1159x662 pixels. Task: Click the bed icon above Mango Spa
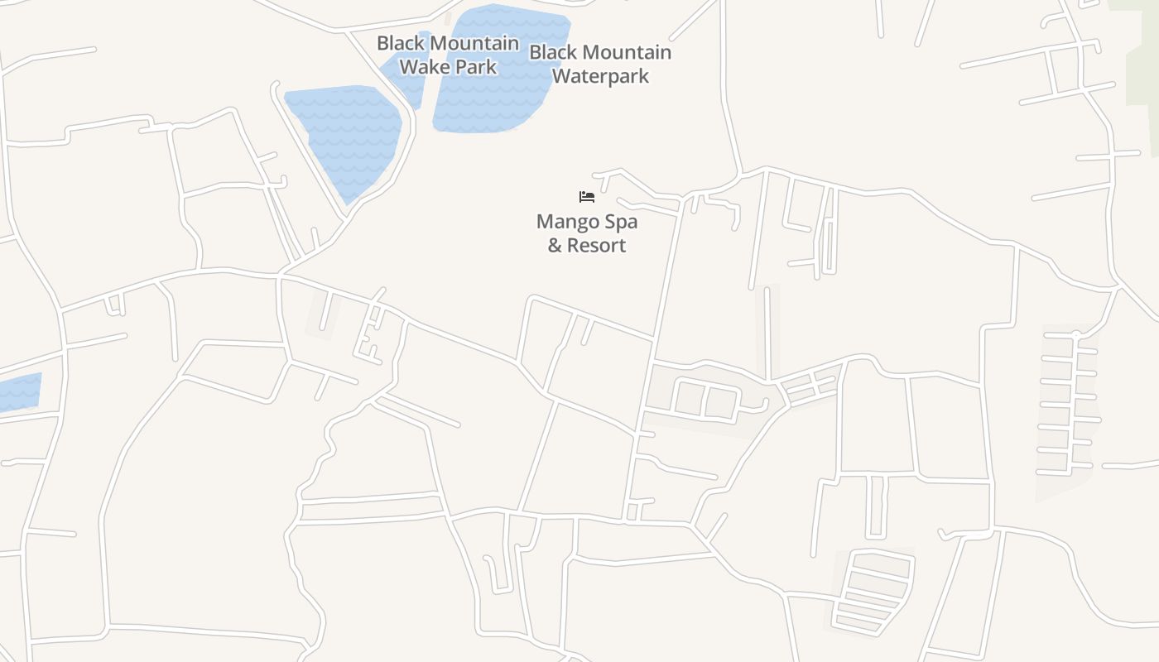(x=587, y=197)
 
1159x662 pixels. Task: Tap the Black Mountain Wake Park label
(x=448, y=55)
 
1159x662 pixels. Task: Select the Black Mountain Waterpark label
(x=600, y=64)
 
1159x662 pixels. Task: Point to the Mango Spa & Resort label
(x=587, y=233)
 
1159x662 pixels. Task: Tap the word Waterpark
(x=600, y=76)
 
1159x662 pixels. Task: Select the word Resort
(x=597, y=245)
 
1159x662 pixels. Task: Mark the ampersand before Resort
(x=555, y=245)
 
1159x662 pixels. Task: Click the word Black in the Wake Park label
(x=399, y=43)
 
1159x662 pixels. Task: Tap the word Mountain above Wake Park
(x=473, y=43)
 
